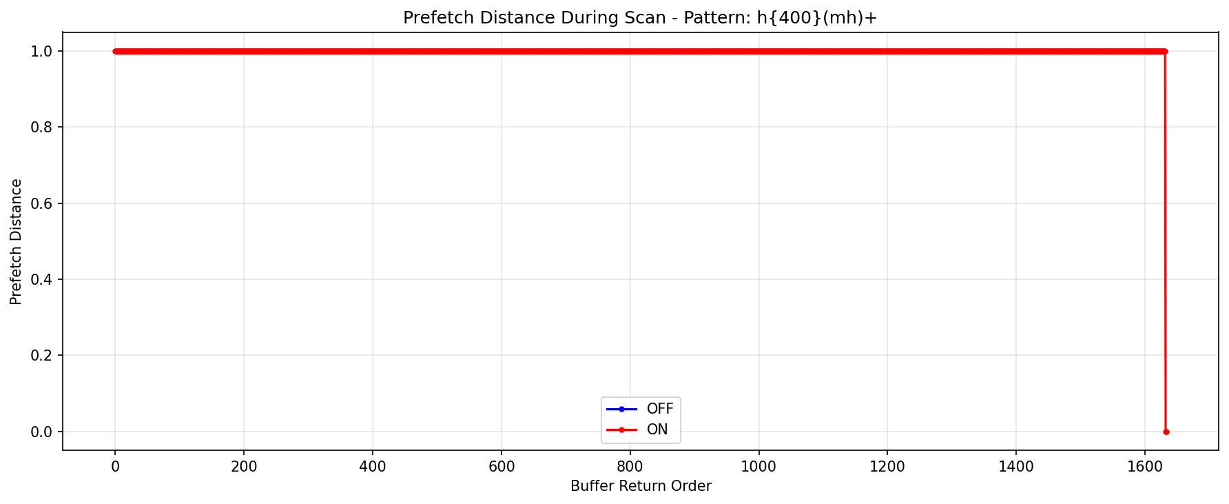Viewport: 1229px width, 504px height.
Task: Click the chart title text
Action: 640,18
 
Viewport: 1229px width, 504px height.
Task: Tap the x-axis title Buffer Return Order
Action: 641,486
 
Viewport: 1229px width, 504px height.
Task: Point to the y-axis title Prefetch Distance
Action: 17,241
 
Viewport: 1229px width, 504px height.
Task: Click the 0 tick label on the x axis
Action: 115,466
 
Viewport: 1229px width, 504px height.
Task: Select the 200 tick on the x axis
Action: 244,466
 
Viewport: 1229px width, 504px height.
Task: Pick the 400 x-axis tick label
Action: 373,466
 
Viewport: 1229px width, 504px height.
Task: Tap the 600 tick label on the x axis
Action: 502,466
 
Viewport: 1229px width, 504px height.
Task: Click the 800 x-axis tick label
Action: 630,466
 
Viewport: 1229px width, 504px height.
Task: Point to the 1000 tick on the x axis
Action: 758,466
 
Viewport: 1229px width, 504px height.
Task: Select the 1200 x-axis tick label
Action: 887,466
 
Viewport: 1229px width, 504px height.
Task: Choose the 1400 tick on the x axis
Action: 1016,466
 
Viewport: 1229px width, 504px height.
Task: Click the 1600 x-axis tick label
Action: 1145,466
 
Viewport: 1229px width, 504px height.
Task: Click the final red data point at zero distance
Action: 1166,432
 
